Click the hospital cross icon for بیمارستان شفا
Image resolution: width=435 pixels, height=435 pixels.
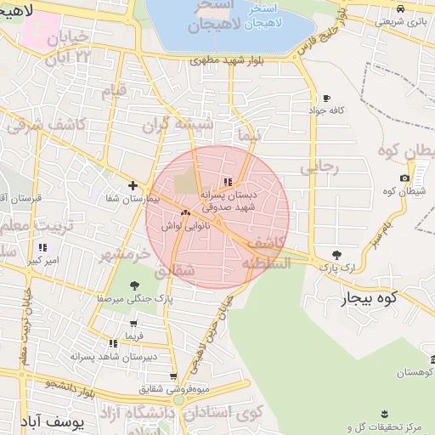pyautogui.click(x=133, y=185)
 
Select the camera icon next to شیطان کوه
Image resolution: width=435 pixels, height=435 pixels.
pyautogui.click(x=404, y=178)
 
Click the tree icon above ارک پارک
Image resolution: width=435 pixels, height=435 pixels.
pyautogui.click(x=336, y=254)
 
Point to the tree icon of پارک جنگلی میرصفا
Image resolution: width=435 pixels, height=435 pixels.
pyautogui.click(x=133, y=286)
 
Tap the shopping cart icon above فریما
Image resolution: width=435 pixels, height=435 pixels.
pyautogui.click(x=133, y=323)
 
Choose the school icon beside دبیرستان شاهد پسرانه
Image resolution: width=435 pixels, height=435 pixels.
pyautogui.click(x=113, y=343)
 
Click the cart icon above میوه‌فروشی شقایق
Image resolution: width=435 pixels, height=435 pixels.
pyautogui.click(x=173, y=376)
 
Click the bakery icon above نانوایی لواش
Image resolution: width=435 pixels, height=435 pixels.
pyautogui.click(x=184, y=212)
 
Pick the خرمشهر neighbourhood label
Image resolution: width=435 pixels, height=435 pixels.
pyautogui.click(x=122, y=254)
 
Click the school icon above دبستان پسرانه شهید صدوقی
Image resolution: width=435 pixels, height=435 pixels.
pyautogui.click(x=227, y=182)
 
